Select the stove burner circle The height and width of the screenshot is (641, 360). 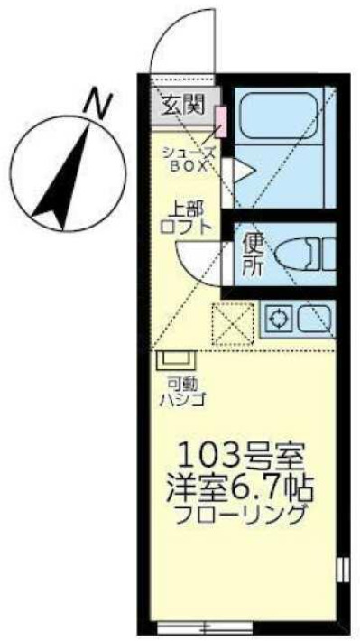(281, 318)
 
